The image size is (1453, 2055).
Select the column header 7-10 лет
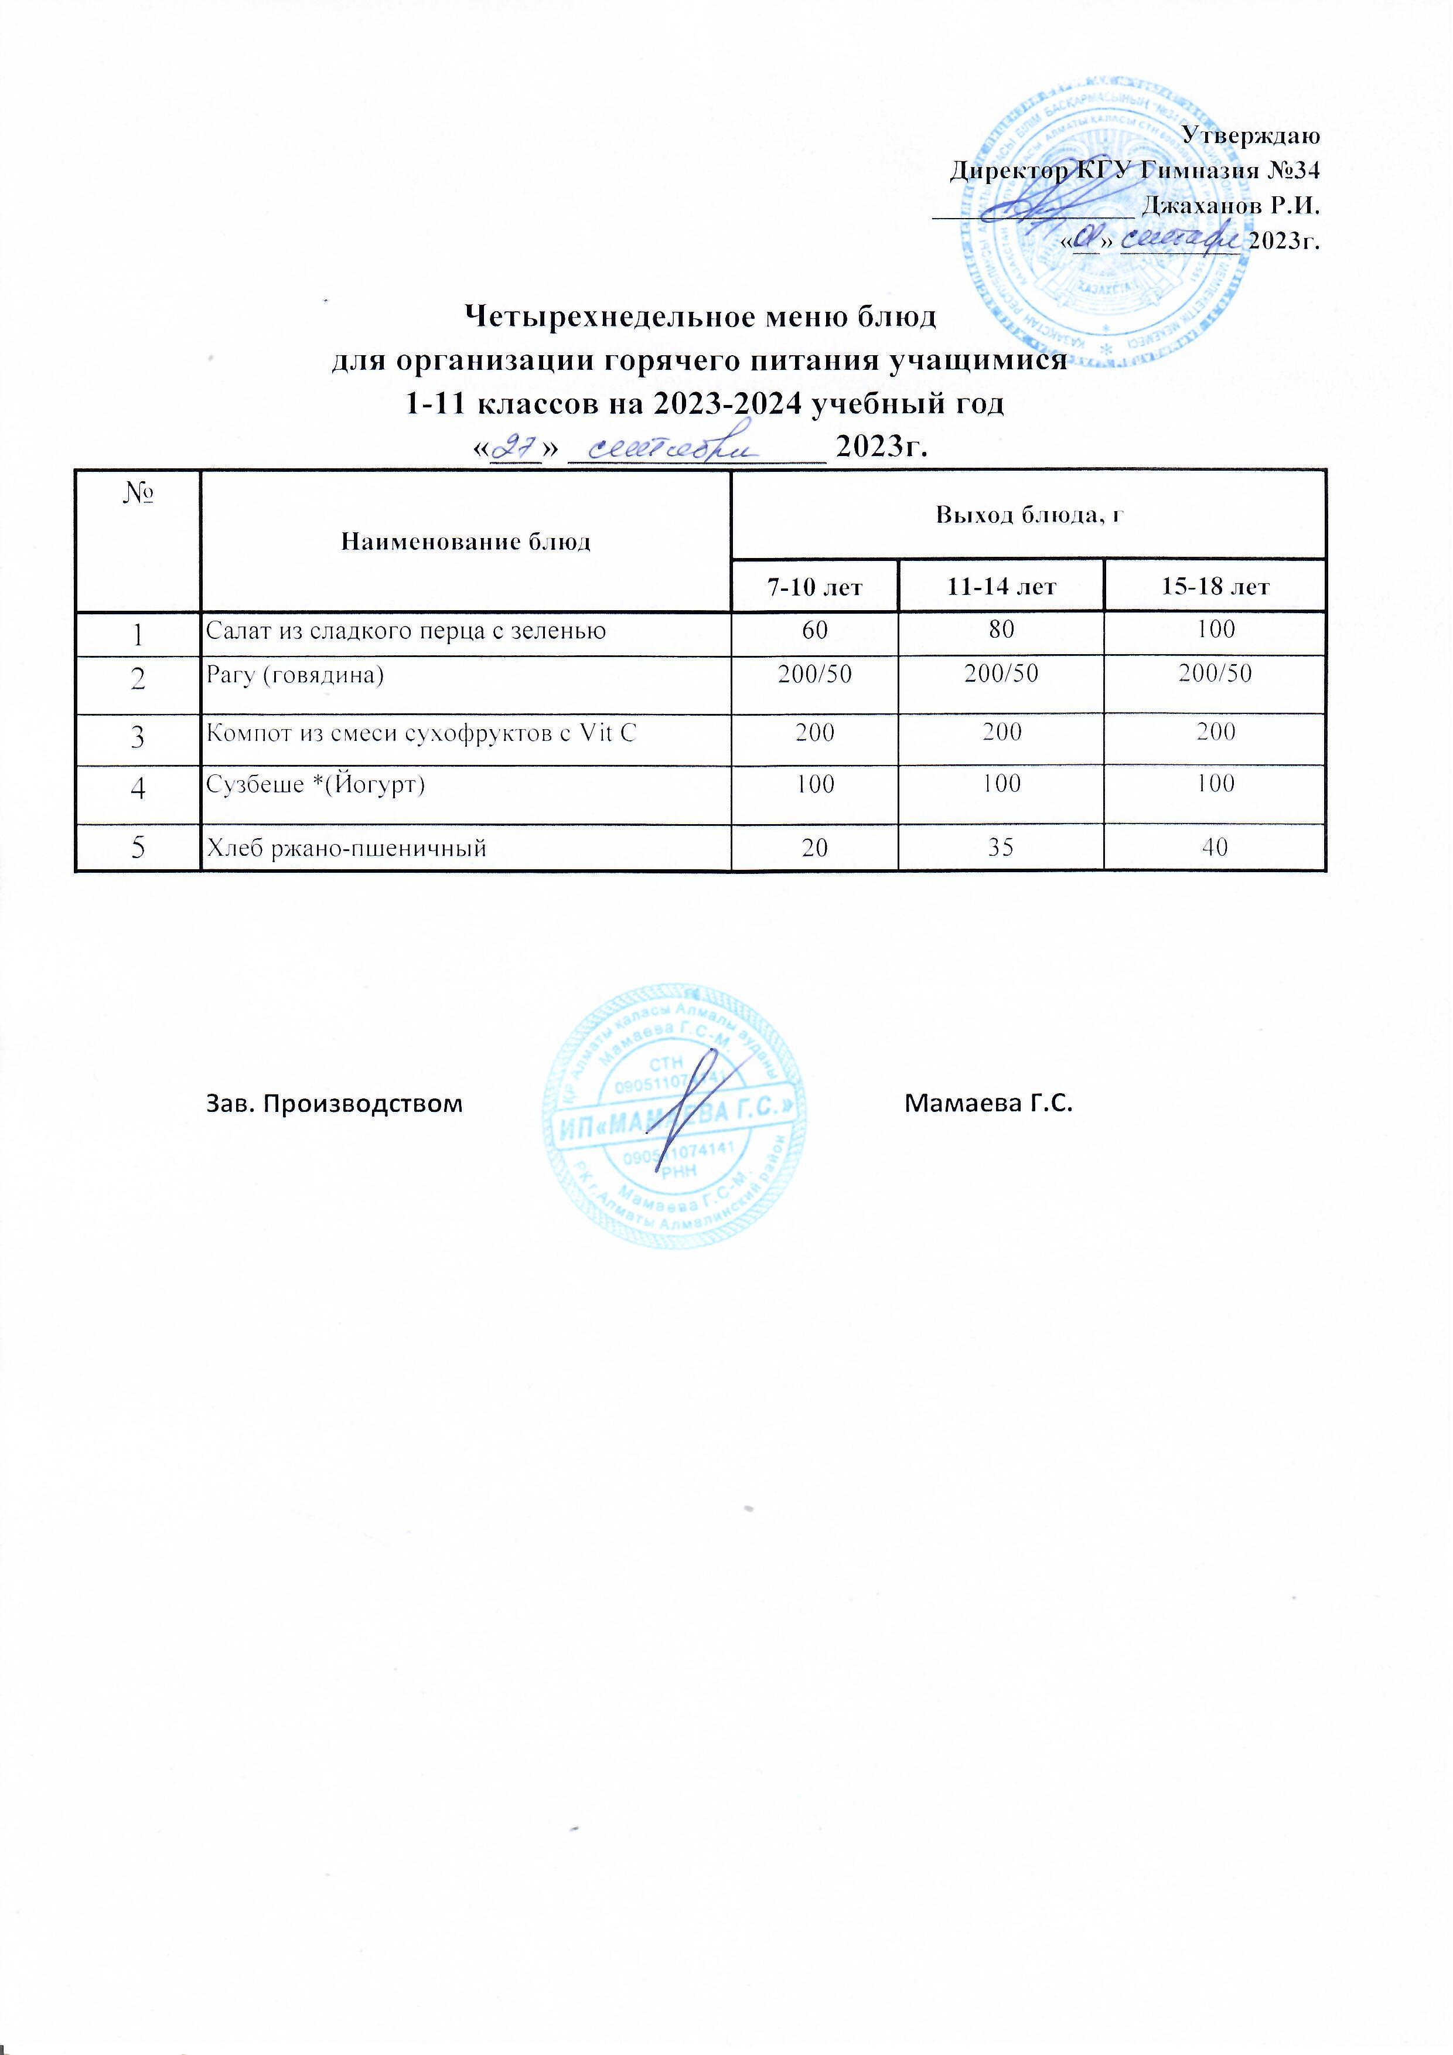814,587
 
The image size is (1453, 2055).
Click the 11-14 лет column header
1001,587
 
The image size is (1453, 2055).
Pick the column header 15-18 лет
1215,587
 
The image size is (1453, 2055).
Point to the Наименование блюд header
466,542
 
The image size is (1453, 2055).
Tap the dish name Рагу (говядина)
295,674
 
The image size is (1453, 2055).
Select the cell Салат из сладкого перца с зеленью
406,631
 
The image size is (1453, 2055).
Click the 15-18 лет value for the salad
1216,629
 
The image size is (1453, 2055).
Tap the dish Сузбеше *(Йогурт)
316,785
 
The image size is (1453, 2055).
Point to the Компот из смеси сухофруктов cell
421,733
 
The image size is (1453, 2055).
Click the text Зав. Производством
335,1104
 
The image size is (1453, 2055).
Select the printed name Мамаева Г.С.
988,1104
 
